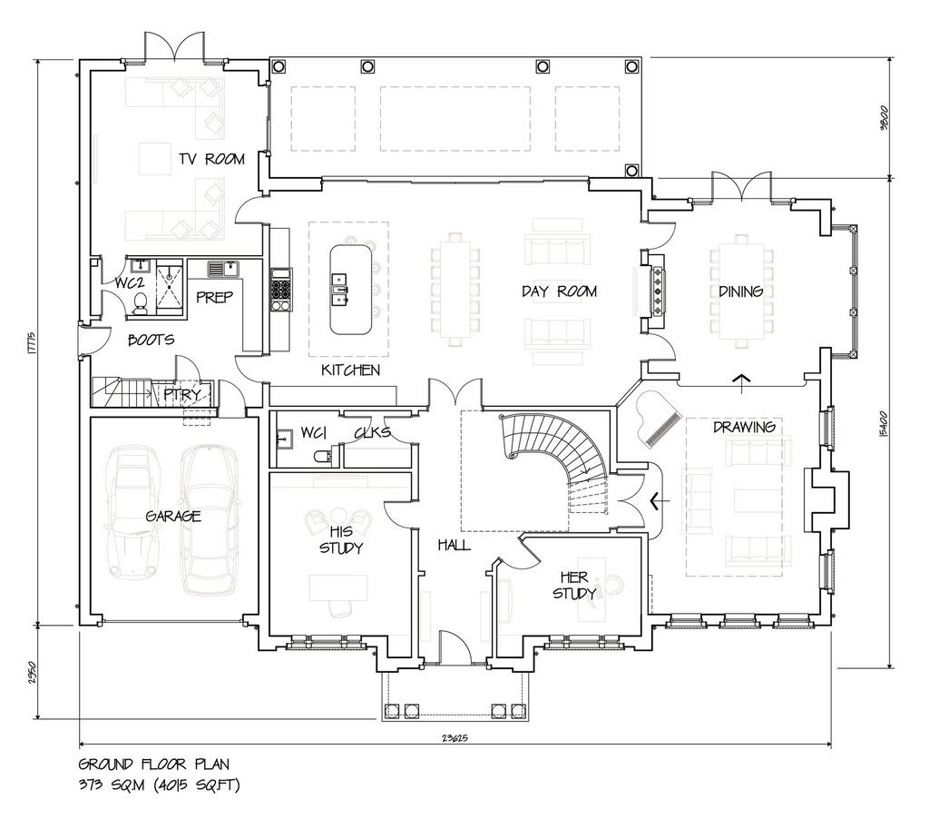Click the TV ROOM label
pyautogui.click(x=211, y=159)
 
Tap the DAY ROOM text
pyautogui.click(x=559, y=291)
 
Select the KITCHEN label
pyautogui.click(x=350, y=370)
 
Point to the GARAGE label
pyautogui.click(x=173, y=516)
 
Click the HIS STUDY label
pyautogui.click(x=341, y=539)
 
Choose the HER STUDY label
pyautogui.click(x=574, y=586)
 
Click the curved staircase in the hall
pyautogui.click(x=557, y=462)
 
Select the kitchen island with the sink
pyautogui.click(x=351, y=290)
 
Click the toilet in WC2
pyautogui.click(x=141, y=303)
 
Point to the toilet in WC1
pyautogui.click(x=323, y=456)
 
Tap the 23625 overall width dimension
pyautogui.click(x=455, y=738)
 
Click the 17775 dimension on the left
pyautogui.click(x=33, y=343)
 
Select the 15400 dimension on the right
pyautogui.click(x=884, y=425)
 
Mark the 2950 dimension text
pyautogui.click(x=33, y=672)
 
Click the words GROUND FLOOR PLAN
pyautogui.click(x=153, y=764)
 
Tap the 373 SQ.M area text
pyautogui.click(x=112, y=785)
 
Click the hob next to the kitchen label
pyautogui.click(x=281, y=290)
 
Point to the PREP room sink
pyautogui.click(x=223, y=270)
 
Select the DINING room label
pyautogui.click(x=740, y=291)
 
